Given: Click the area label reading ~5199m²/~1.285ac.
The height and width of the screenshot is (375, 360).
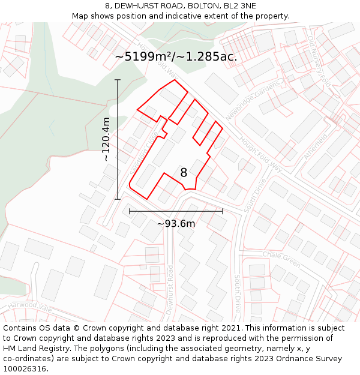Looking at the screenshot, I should point(176,57).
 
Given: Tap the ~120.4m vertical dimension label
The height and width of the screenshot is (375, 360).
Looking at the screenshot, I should point(106,139).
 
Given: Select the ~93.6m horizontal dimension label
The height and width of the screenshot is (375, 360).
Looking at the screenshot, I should point(176,224).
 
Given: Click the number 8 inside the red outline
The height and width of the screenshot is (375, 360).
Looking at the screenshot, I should point(184,173).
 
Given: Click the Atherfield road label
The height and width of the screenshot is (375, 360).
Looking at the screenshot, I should point(316,146).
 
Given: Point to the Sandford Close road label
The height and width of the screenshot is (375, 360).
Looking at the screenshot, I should point(144,153).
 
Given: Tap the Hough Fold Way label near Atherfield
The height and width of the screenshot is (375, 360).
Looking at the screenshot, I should point(260,154).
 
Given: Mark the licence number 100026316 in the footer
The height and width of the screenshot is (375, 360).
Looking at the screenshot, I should point(25,369).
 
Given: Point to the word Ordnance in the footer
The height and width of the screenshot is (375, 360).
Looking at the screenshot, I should point(280,359).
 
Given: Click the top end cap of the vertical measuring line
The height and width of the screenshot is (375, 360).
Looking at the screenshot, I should point(118,80).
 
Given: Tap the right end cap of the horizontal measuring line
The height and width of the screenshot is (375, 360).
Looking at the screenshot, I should point(223,211).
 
